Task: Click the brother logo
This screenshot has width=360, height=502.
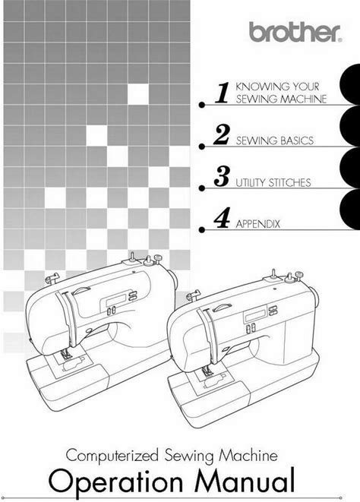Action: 295,32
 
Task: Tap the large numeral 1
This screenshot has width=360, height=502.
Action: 223,93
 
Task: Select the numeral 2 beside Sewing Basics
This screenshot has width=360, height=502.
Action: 222,134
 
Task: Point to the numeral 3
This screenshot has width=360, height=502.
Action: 222,176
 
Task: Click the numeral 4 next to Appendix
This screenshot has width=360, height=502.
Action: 222,218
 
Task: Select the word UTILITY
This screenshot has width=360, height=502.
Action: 251,182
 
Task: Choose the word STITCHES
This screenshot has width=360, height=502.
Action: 289,182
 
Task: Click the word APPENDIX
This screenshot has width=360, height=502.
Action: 257,224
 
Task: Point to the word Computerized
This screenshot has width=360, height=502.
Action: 112,456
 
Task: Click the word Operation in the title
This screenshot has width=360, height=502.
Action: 115,483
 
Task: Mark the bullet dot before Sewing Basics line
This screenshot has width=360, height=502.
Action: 201,147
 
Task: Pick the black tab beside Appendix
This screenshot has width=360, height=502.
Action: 350,209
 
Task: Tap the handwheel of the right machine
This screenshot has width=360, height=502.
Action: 315,297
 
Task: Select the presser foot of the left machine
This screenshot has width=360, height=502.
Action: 67,353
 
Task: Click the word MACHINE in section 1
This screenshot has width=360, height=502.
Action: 303,99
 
